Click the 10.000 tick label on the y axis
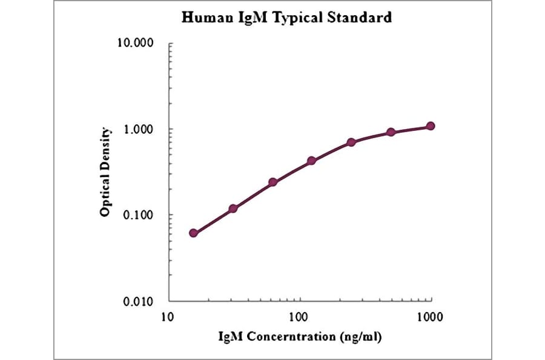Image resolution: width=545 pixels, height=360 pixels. (134, 44)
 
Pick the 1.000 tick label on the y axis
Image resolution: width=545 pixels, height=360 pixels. (137, 130)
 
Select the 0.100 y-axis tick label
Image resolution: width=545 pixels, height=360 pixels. (137, 215)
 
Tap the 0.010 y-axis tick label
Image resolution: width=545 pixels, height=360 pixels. (137, 301)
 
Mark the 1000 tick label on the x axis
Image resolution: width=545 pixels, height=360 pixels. (430, 316)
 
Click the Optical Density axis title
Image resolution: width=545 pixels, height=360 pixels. (106, 172)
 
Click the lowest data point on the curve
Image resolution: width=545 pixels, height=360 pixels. (194, 233)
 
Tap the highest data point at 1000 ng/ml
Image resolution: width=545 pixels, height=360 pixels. (430, 126)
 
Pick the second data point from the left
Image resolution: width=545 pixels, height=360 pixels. (233, 208)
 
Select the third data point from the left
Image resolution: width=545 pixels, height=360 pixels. (272, 182)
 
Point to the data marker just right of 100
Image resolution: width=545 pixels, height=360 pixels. (312, 161)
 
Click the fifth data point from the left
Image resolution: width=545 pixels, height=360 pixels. (351, 142)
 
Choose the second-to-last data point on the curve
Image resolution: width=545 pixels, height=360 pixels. (391, 132)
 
